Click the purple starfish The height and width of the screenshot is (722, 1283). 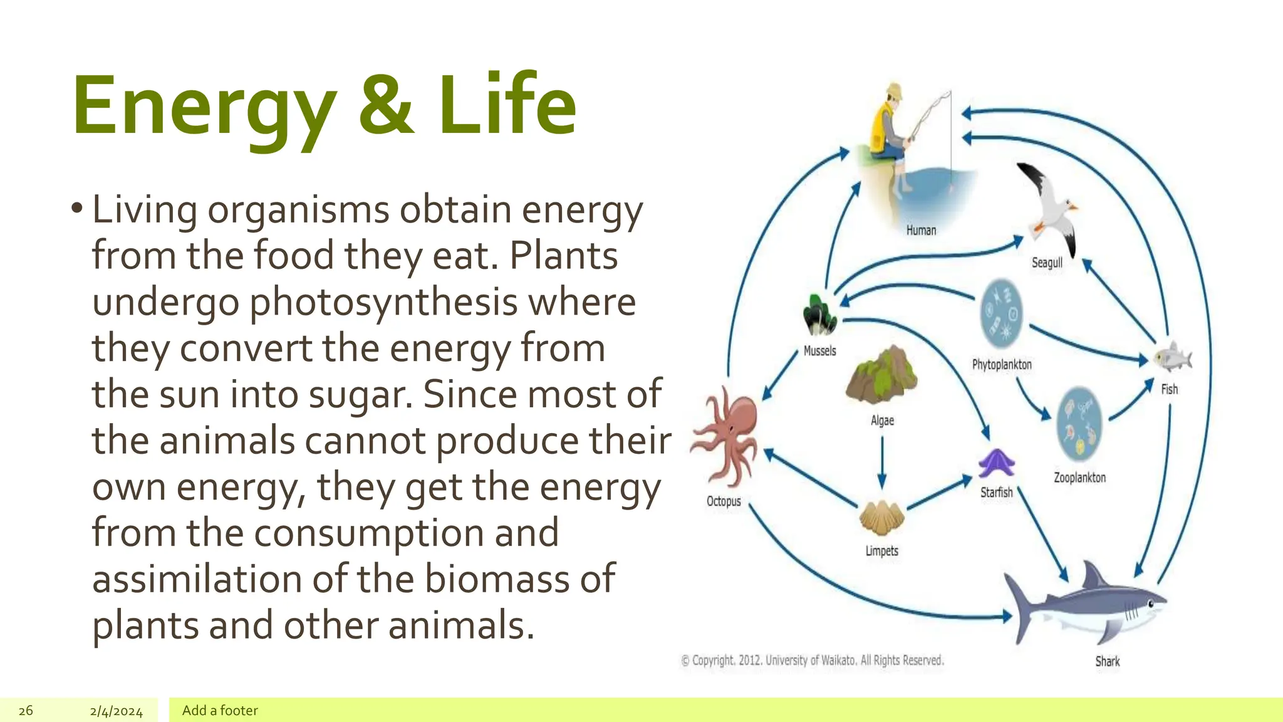coord(996,464)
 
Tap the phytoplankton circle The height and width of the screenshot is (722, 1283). coord(1000,313)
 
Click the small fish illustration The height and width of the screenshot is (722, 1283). coord(1172,358)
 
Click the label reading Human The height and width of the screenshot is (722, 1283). coord(921,231)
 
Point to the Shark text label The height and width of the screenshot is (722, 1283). coord(1107,661)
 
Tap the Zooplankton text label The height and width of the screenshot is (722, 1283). coord(1079,478)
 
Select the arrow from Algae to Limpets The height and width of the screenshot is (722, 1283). coord(882,461)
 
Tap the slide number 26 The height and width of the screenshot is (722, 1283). coord(26,711)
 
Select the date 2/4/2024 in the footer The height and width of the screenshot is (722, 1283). coord(116,711)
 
